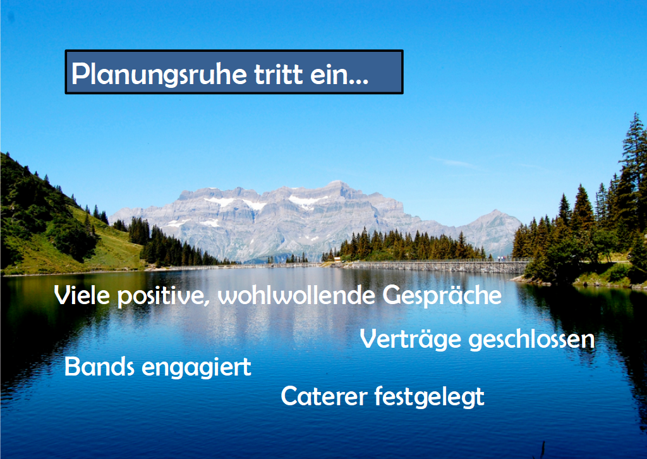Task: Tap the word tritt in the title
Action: point(279,74)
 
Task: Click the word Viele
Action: point(82,295)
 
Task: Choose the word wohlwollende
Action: point(297,295)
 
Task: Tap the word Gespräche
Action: point(442,297)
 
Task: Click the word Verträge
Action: point(411,340)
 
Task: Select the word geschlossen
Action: point(532,340)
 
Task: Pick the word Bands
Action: point(99,366)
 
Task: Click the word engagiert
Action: point(197,367)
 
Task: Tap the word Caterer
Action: point(324,396)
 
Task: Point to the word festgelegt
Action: point(430,396)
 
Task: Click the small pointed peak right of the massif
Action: point(495,212)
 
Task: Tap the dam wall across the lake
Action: point(433,266)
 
